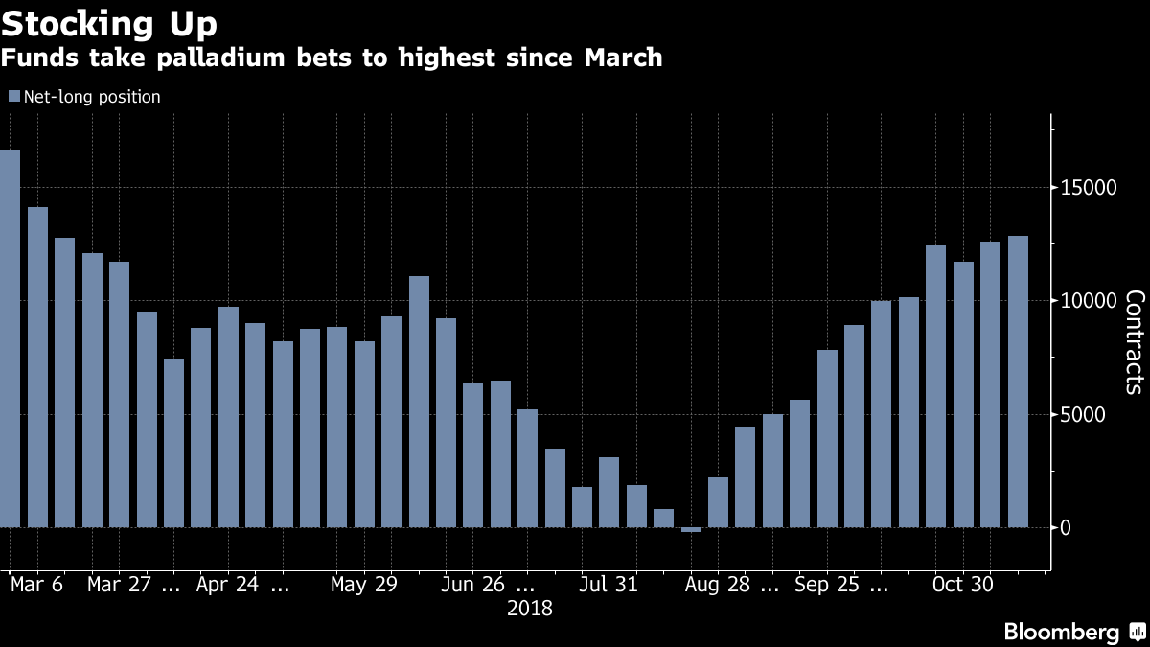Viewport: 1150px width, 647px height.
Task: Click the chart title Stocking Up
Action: coord(109,22)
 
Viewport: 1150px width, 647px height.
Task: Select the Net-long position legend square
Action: coord(13,97)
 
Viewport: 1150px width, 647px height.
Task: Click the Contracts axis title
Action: coord(1133,341)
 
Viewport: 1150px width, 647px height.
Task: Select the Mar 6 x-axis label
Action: coord(36,585)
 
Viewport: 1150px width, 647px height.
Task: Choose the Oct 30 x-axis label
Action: coord(963,585)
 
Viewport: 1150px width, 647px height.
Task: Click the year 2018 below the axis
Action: coord(530,608)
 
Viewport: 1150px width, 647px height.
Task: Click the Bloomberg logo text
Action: coord(1061,632)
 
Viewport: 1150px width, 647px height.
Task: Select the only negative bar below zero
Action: coord(691,530)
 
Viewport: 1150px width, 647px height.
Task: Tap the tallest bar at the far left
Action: coord(10,335)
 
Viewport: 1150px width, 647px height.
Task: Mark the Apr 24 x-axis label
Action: coord(228,585)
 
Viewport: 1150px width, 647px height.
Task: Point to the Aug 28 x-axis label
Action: coord(719,585)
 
